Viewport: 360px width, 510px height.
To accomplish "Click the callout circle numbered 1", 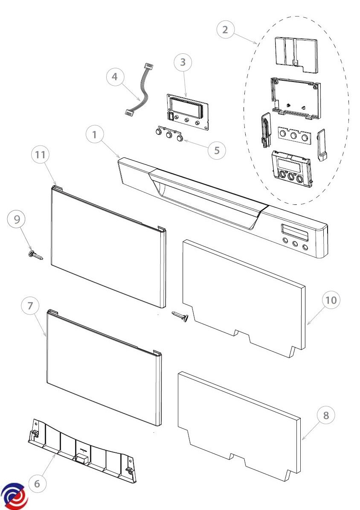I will point(95,135).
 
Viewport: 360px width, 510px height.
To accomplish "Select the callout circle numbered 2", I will point(225,30).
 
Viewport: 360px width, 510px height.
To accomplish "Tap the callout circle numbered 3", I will point(183,62).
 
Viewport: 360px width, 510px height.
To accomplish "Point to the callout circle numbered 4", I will point(115,77).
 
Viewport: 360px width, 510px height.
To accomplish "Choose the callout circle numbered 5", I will point(217,150).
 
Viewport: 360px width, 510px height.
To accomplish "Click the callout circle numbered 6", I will point(37,484).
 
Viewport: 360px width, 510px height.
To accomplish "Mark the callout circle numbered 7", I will point(30,306).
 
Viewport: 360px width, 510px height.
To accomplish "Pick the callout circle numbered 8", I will point(326,415).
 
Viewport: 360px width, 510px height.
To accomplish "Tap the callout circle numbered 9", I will point(17,219).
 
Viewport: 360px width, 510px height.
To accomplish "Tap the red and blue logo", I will point(14,496).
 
